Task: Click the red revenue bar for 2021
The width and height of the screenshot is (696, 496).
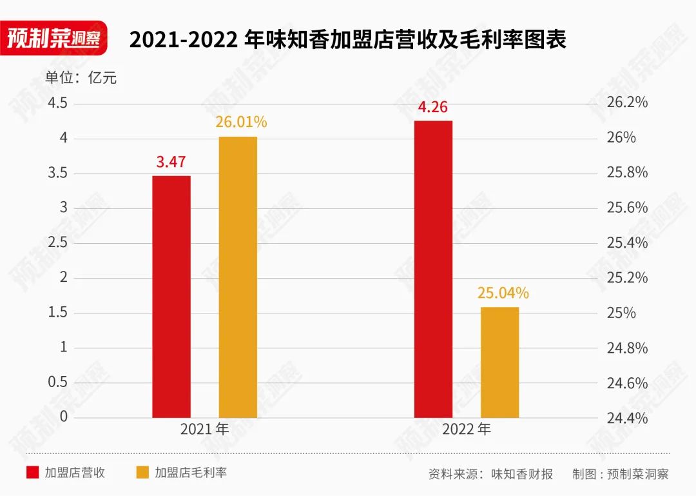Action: [171, 297]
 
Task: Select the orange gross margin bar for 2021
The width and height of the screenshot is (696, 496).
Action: [238, 277]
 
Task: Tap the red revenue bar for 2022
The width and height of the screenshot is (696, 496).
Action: [433, 269]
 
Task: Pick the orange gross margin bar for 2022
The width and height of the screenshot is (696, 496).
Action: [499, 362]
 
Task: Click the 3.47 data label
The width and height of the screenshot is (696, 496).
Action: [171, 162]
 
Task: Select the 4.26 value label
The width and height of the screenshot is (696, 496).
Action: [432, 107]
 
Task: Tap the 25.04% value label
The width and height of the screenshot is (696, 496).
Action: [503, 293]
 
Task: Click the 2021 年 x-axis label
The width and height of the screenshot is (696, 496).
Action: [204, 429]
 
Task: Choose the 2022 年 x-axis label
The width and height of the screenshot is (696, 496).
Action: [466, 429]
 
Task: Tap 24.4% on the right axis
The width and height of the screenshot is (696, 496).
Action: [626, 418]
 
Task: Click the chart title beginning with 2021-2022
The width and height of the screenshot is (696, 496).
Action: [347, 39]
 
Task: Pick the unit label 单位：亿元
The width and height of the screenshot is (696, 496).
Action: [81, 79]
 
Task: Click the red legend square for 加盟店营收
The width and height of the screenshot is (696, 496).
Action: [32, 473]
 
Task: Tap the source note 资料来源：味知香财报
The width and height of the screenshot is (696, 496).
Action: [490, 474]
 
